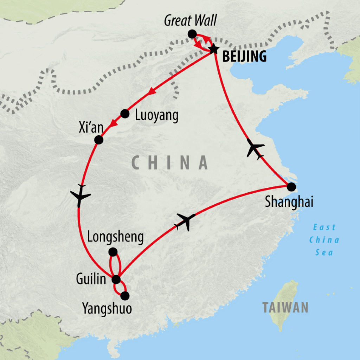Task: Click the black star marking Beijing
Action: click(x=214, y=50)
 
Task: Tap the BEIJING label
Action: click(x=244, y=57)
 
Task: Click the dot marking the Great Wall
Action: click(x=192, y=34)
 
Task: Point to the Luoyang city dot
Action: click(x=125, y=114)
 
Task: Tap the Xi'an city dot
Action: click(x=99, y=140)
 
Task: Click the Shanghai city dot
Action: click(x=291, y=187)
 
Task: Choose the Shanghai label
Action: click(x=289, y=202)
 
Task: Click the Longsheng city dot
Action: click(x=113, y=252)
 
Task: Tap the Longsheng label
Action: click(x=115, y=238)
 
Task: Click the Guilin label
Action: click(x=91, y=279)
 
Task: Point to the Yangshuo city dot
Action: click(x=124, y=296)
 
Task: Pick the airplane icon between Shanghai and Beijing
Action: click(x=255, y=149)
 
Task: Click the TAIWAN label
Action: click(x=285, y=307)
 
